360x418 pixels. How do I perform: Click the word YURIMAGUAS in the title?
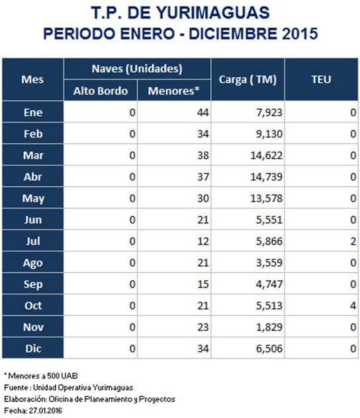tap(212, 13)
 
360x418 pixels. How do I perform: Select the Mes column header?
tap(32, 79)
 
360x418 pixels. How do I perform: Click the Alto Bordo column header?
tap(101, 91)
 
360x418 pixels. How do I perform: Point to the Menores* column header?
tap(174, 91)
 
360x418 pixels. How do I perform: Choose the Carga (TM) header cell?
tap(247, 79)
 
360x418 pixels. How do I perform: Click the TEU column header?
tap(321, 79)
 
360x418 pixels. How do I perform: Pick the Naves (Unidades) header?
tap(137, 69)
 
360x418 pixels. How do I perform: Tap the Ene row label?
tap(33, 112)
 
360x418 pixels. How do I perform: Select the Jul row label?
tap(33, 241)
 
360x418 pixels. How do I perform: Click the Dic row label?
tap(33, 349)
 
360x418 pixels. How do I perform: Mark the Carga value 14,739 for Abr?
tap(266, 177)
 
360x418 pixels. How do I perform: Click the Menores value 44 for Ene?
tap(203, 112)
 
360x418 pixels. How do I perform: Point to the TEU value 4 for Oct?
tap(353, 306)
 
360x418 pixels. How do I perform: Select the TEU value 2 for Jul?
tap(353, 241)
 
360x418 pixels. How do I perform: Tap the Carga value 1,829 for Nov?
tap(269, 327)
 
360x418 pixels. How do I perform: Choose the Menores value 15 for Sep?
tap(203, 284)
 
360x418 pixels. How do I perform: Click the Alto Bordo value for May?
tap(132, 198)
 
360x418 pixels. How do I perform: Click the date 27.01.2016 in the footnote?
tap(46, 411)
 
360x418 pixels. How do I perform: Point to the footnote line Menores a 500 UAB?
tap(41, 376)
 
